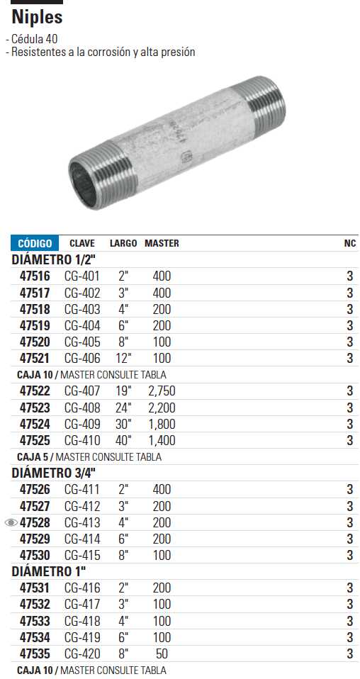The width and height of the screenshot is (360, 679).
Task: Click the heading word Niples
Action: point(38,17)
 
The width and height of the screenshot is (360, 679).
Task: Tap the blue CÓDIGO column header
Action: point(34,243)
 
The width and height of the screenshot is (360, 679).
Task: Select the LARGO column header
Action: point(123,243)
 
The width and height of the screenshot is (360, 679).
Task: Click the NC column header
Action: point(349,243)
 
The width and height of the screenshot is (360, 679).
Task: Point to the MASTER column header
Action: point(162,243)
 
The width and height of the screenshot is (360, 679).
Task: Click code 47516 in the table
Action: point(35,276)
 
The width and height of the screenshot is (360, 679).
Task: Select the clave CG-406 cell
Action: point(82,359)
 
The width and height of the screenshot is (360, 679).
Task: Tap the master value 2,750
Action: point(162,391)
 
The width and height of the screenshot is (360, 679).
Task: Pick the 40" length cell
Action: point(123,441)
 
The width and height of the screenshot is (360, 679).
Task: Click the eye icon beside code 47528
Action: point(11,523)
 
